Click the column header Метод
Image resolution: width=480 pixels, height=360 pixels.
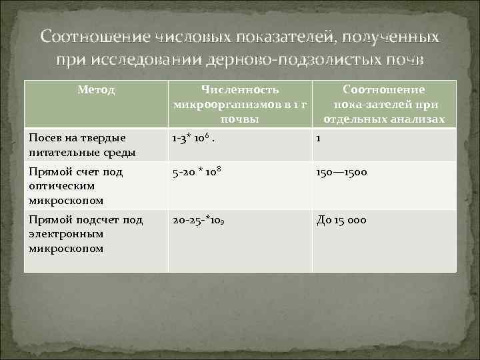tap(97, 89)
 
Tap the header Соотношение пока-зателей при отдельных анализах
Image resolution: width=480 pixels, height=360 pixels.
tap(384, 104)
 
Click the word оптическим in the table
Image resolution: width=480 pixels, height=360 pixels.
tap(61, 185)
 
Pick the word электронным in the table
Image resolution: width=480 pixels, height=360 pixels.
tap(66, 234)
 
